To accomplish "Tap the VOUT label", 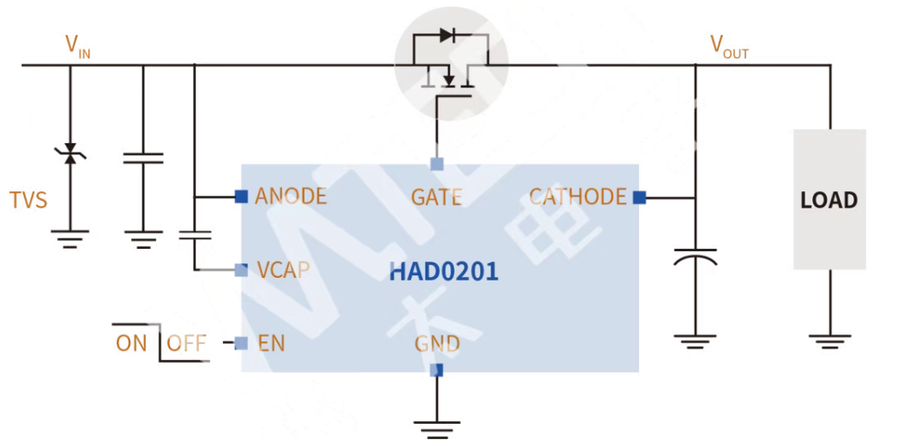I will click(729, 46).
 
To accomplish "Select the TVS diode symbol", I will click(70, 154).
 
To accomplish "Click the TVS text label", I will click(28, 201).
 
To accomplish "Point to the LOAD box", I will click(829, 199).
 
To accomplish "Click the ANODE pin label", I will click(291, 196).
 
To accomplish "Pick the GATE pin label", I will click(436, 197).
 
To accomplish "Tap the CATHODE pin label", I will click(577, 197).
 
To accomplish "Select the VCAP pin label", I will click(283, 270).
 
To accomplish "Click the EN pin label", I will click(271, 344).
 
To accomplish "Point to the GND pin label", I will click(437, 344).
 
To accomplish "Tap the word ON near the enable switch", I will click(131, 344).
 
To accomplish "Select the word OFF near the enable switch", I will click(186, 344).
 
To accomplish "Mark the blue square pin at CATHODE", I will click(639, 197).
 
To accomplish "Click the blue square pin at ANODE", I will click(241, 196).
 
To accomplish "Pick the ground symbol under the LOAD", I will click(829, 341).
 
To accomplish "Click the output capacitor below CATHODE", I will click(695, 258).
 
